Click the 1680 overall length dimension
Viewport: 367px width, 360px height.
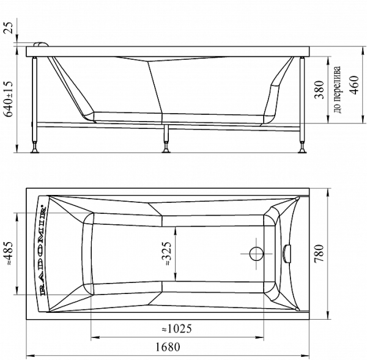[168, 347]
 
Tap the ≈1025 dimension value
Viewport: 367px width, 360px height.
[177, 329]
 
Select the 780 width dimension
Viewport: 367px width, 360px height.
[319, 253]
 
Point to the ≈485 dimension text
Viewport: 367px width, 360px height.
[9, 254]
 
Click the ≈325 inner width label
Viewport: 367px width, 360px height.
[168, 254]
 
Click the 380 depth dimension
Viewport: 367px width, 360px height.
[319, 90]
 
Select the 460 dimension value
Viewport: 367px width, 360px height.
[354, 85]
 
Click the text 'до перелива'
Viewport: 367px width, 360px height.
[336, 90]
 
